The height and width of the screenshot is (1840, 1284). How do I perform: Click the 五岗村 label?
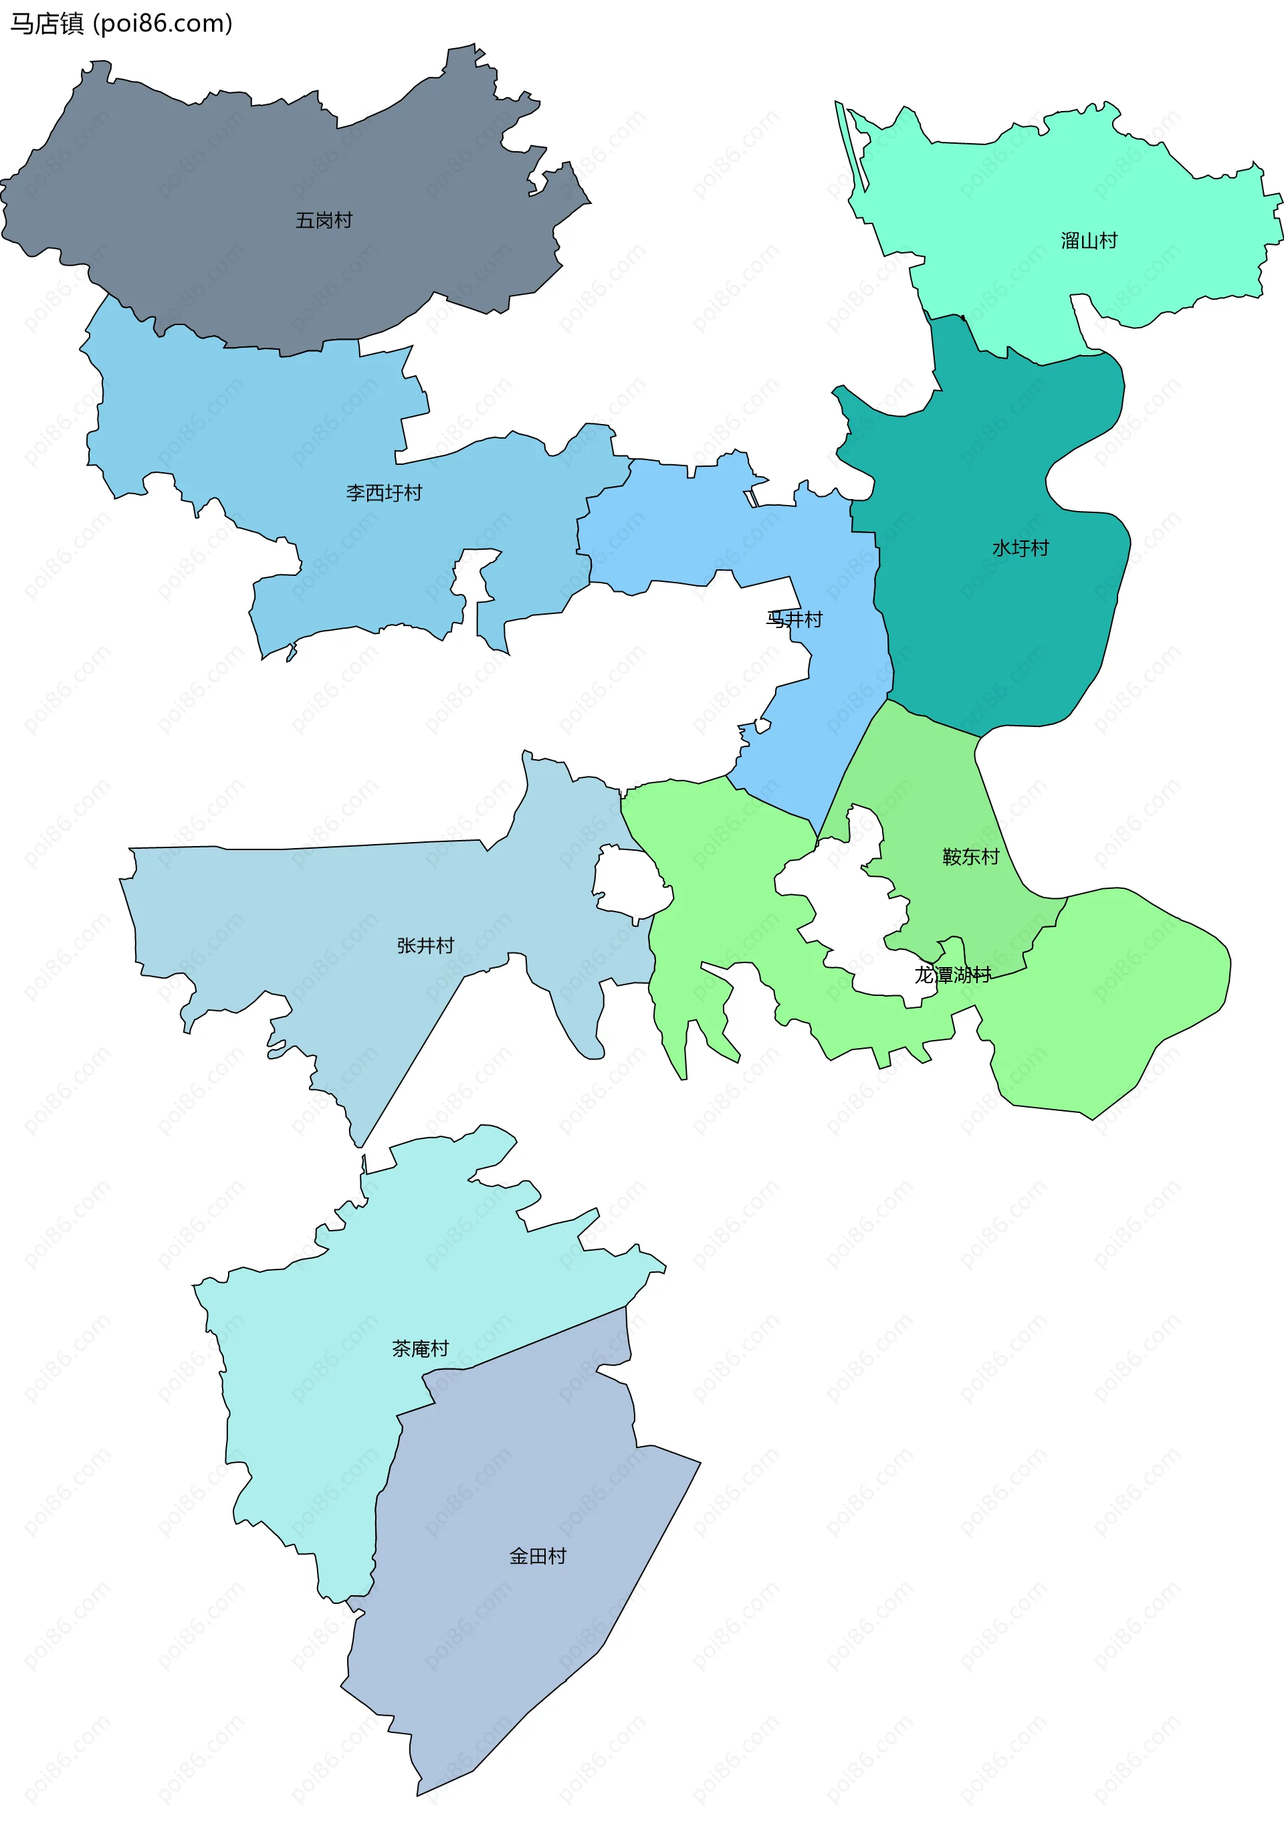coord(324,220)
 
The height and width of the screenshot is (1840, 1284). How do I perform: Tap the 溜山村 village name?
coord(1089,240)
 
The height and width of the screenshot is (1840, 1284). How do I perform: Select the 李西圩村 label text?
coord(384,493)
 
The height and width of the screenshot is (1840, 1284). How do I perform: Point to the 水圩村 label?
coord(1021,548)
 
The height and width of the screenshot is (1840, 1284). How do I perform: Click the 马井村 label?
coord(794,619)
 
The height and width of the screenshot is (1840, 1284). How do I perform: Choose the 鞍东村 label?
coord(970,857)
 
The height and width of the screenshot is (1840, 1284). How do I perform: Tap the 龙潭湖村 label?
coord(953,975)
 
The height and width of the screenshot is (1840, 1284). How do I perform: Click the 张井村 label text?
coord(425,946)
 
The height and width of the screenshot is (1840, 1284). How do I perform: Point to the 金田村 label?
coord(538,1556)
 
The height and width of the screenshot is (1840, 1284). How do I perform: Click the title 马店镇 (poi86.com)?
coord(121,24)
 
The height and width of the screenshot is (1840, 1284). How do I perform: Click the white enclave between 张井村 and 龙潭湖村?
coord(629,882)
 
